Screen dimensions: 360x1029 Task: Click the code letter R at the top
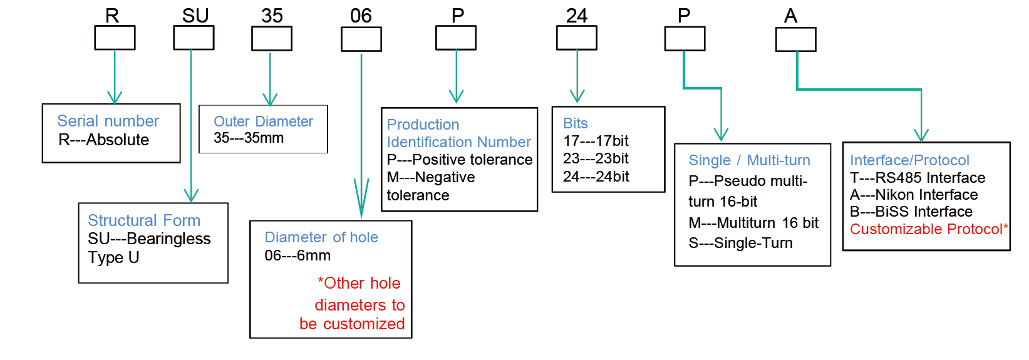(112, 16)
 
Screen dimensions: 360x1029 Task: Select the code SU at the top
(195, 16)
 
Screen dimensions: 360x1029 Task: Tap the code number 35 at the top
(272, 16)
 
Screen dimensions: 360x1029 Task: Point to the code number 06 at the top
(361, 16)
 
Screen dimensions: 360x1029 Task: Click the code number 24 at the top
(576, 16)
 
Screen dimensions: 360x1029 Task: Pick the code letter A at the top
(790, 16)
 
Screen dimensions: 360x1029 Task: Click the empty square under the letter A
(795, 39)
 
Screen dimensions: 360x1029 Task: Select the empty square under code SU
(194, 38)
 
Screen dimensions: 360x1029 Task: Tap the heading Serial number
(108, 121)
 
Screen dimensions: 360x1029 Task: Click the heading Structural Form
(144, 220)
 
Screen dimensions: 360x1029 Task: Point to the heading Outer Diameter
(263, 121)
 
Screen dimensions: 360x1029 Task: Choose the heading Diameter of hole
(321, 237)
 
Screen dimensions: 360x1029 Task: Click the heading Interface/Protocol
(909, 160)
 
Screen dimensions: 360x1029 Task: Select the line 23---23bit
(596, 158)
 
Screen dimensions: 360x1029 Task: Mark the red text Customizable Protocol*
(929, 229)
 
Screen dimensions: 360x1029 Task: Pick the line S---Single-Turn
(740, 243)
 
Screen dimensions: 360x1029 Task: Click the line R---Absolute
(104, 140)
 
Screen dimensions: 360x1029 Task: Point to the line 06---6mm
(297, 255)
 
